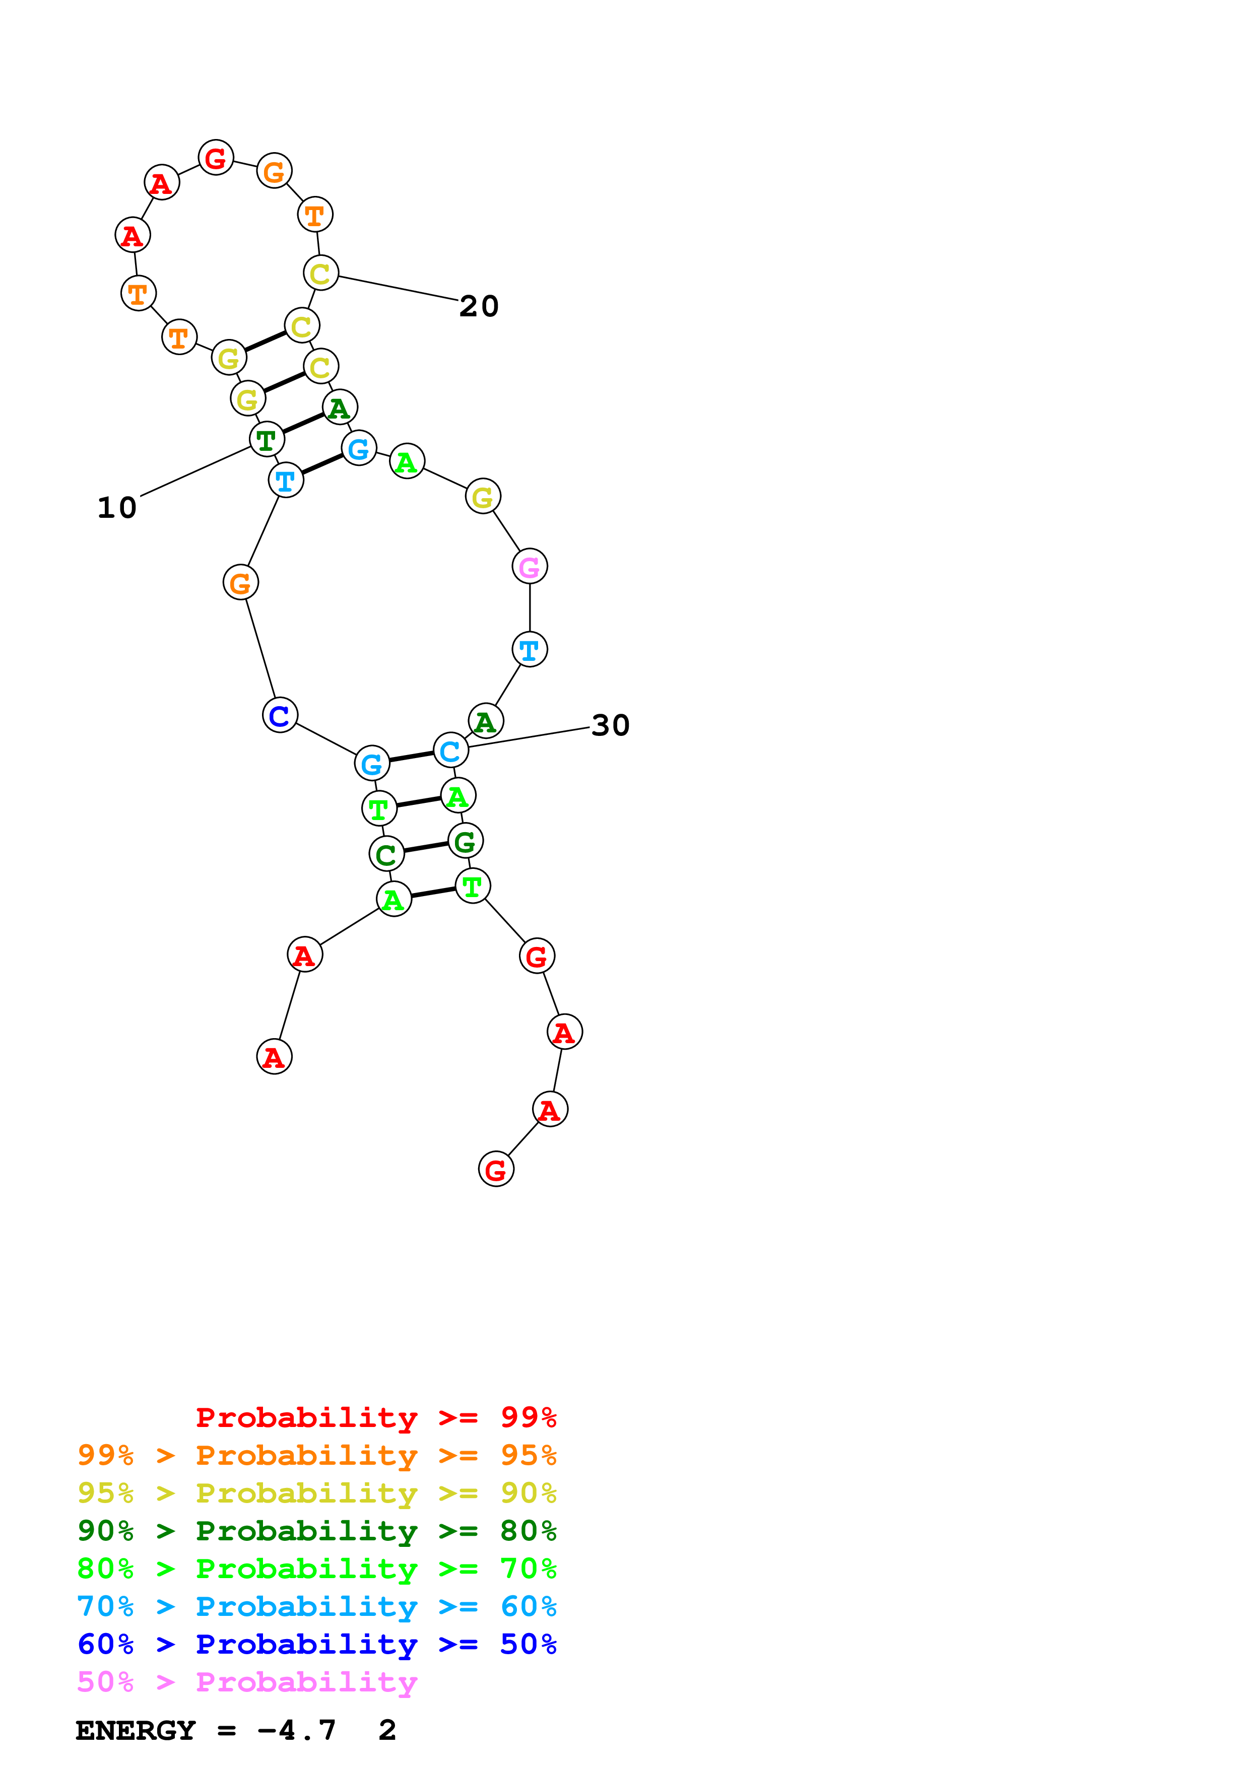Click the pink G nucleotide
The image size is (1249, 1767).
pyautogui.click(x=530, y=567)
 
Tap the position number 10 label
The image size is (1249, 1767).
pyautogui.click(x=117, y=508)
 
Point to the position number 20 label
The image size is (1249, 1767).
pyautogui.click(x=479, y=306)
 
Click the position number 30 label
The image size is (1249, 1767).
pyautogui.click(x=610, y=725)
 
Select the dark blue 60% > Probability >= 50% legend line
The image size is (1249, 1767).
pyautogui.click(x=316, y=1644)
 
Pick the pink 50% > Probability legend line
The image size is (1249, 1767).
pyautogui.click(x=247, y=1681)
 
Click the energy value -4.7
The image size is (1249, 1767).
pyautogui.click(x=296, y=1731)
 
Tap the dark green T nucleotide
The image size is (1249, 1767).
pyautogui.click(x=266, y=439)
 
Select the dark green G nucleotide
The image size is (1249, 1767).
pyautogui.click(x=465, y=841)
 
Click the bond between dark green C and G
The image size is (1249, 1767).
pyautogui.click(x=426, y=847)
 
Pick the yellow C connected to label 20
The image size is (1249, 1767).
pyautogui.click(x=320, y=273)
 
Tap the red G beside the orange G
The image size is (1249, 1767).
pyautogui.click(x=216, y=158)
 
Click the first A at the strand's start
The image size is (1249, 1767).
pyautogui.click(x=274, y=1057)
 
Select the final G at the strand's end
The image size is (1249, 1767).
pyautogui.click(x=496, y=1169)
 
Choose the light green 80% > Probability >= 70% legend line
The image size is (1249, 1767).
pyautogui.click(x=316, y=1569)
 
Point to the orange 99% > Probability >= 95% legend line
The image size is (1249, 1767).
pyautogui.click(x=316, y=1455)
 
